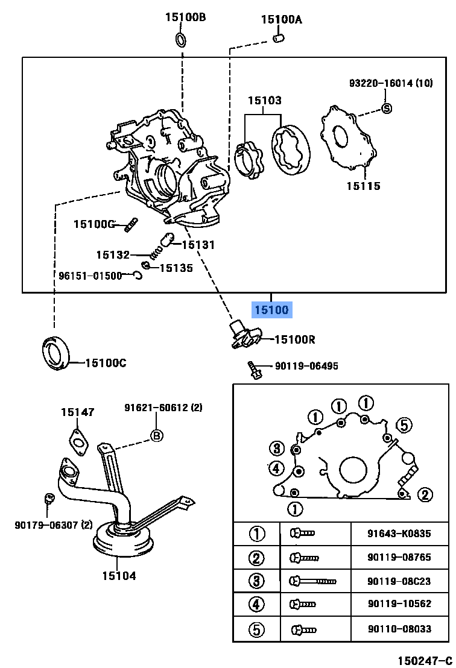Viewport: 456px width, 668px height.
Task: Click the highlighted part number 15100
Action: (271, 310)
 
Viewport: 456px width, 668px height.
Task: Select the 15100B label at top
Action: (185, 17)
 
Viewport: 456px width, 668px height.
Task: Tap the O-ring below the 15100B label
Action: (181, 40)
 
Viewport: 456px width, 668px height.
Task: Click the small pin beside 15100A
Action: (278, 39)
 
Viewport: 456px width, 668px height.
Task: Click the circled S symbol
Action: (387, 109)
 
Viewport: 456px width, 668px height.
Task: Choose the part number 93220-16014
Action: (381, 83)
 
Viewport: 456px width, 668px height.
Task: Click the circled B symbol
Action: (156, 435)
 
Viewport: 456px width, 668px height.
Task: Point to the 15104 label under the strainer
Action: (119, 575)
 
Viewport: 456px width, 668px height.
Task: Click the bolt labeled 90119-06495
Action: (254, 370)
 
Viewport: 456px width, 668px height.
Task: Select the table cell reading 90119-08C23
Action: (399, 581)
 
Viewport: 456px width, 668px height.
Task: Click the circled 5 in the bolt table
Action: (257, 629)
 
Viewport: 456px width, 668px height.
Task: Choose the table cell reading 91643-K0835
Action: (399, 534)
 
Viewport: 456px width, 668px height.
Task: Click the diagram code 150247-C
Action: (423, 660)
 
